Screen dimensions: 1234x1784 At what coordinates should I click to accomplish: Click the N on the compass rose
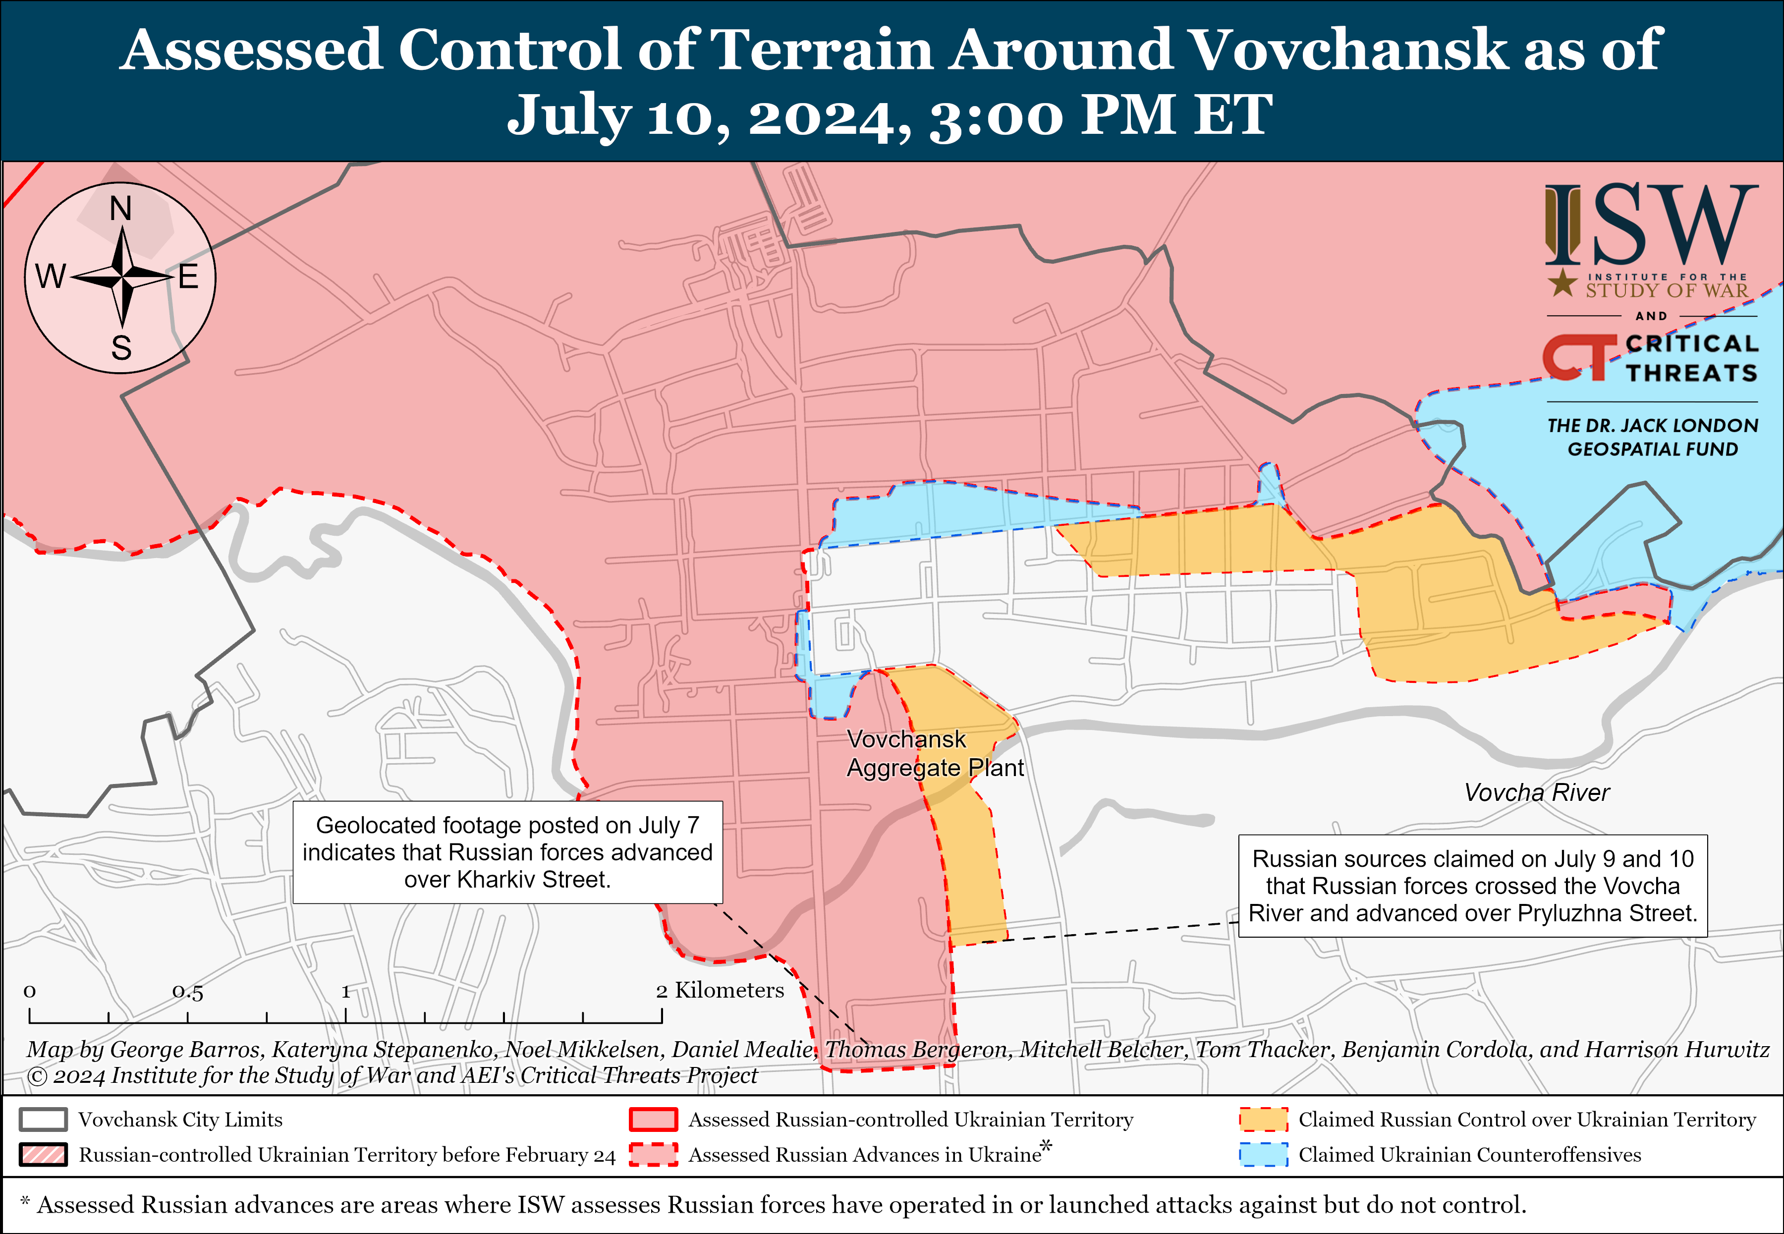click(x=120, y=208)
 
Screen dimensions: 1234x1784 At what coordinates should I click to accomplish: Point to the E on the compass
click(x=189, y=277)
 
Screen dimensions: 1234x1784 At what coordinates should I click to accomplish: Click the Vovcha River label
click(x=1537, y=792)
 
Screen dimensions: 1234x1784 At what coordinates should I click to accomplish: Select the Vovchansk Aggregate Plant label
click(x=935, y=753)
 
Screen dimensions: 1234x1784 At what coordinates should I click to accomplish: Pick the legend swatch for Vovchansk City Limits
click(x=43, y=1120)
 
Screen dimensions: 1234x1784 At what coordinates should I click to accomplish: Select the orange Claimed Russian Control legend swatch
click(x=1263, y=1120)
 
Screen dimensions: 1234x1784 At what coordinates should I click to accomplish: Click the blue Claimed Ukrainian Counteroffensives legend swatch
click(x=1263, y=1154)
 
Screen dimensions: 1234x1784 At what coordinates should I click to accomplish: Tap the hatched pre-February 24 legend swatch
click(x=43, y=1154)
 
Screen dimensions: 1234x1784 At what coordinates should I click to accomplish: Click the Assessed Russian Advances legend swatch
click(x=653, y=1154)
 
